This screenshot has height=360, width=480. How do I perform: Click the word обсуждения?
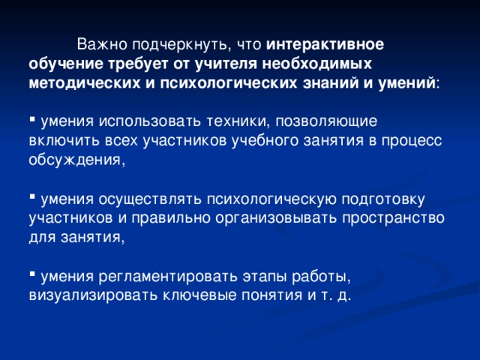73,160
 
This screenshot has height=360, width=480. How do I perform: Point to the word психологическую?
274,199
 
